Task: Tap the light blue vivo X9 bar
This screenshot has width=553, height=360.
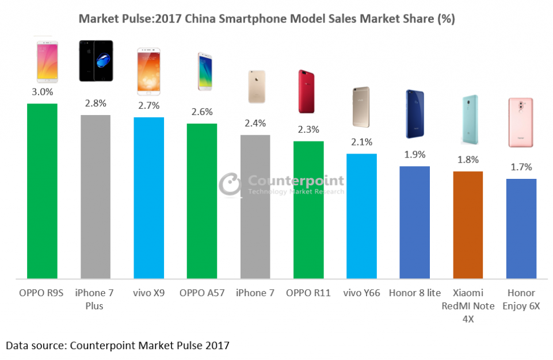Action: coord(148,198)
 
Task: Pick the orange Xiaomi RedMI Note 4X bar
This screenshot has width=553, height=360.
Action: coord(468,225)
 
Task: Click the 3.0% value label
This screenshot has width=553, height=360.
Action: coord(42,92)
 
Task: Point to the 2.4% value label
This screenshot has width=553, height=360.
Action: coord(255,123)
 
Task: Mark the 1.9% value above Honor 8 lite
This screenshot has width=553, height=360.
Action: coord(414,154)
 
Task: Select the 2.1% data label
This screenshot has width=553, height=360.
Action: coord(361,141)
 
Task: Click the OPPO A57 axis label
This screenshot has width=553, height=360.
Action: coord(201,293)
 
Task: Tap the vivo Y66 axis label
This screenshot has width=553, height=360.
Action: coord(361,293)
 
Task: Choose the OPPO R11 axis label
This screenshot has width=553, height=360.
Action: coord(308,293)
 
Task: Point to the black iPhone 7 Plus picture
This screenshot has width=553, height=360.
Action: coord(96,60)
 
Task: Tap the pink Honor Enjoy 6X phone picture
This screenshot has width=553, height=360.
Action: coord(521,122)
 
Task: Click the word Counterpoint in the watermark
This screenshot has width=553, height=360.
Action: coord(295,180)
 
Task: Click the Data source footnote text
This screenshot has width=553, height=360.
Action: coord(117,345)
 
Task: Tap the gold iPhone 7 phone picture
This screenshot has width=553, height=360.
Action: coord(257,87)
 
